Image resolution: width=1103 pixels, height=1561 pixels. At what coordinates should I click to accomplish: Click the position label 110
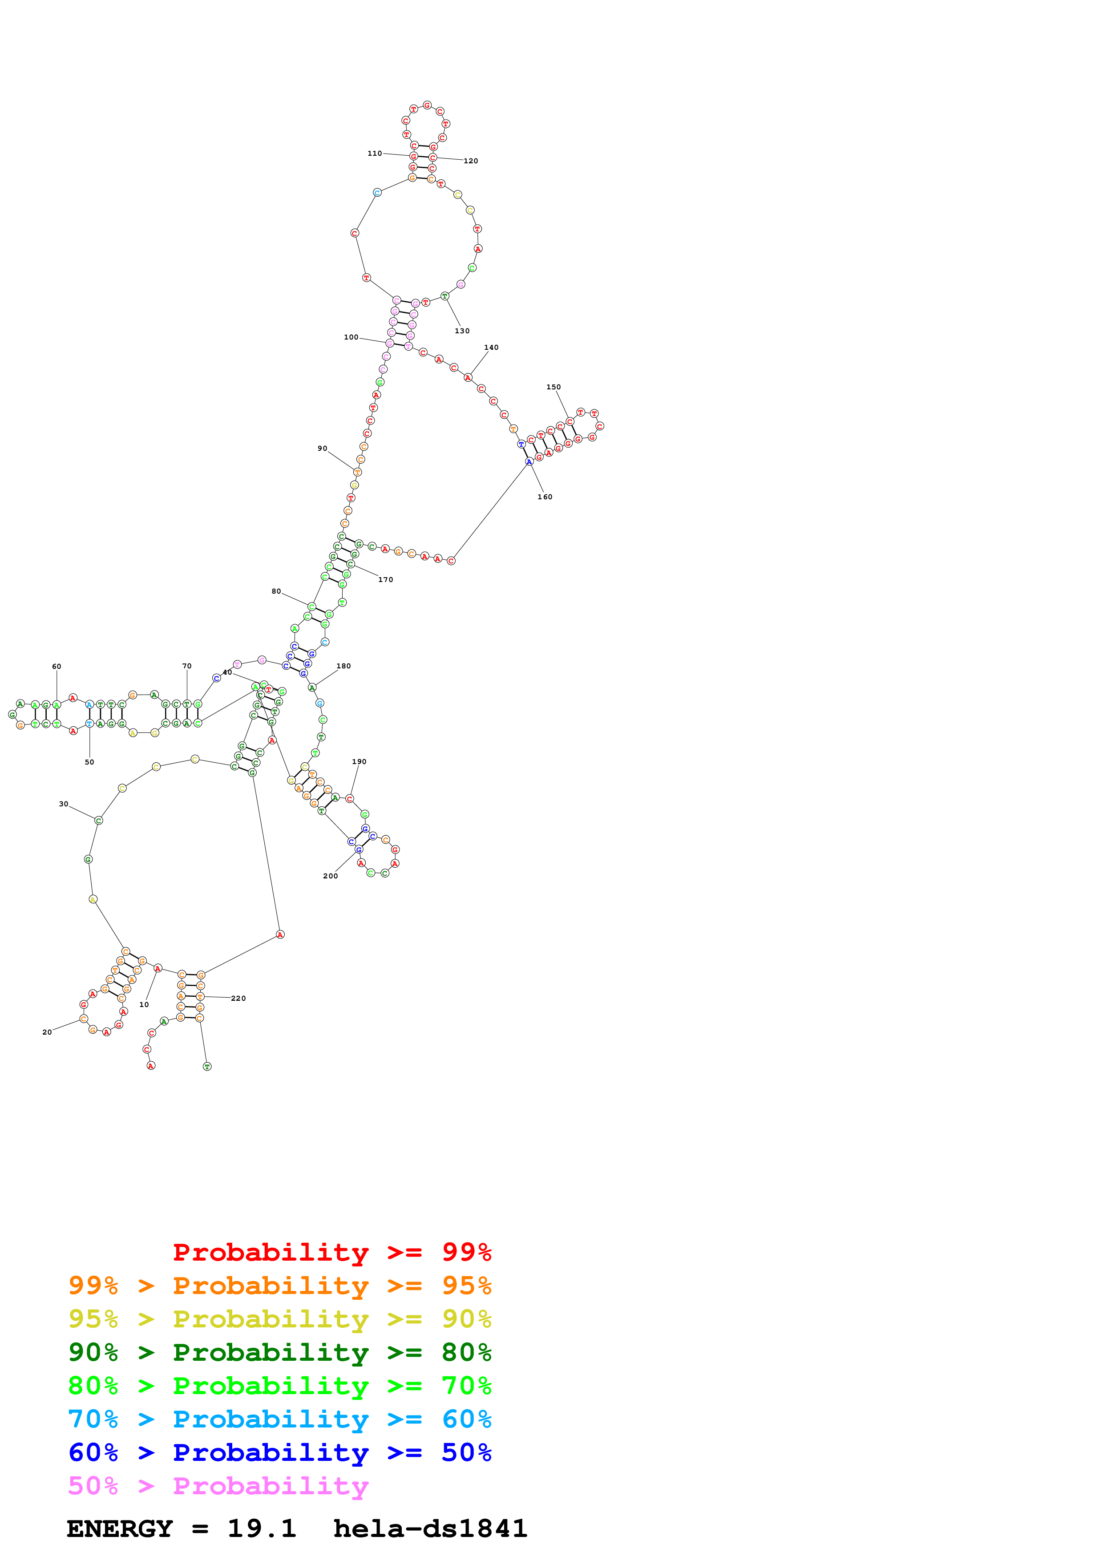coord(375,154)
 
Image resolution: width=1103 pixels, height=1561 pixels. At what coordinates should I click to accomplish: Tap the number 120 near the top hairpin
coord(471,161)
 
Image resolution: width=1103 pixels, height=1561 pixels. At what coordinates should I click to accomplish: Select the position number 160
coord(545,497)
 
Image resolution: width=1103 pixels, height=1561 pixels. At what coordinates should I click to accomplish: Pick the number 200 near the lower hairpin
coord(330,876)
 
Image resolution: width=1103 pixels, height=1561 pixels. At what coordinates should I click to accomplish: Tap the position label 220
coord(238,999)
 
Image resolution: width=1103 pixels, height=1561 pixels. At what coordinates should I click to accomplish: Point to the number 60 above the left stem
coord(57,667)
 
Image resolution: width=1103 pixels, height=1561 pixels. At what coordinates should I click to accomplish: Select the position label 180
coord(344,666)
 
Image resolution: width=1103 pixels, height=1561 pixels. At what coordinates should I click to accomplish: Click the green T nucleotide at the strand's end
coord(207,1067)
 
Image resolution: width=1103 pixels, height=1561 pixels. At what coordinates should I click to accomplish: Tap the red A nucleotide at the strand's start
coord(151,1066)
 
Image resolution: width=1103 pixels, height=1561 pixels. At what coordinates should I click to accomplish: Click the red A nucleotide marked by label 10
coord(158,969)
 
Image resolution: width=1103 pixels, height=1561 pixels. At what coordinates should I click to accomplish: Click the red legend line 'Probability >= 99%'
coord(332,1252)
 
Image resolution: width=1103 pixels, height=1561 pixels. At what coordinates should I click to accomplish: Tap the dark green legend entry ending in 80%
coord(280,1352)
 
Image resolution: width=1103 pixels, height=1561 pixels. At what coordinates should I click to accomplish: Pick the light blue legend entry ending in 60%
coord(280,1419)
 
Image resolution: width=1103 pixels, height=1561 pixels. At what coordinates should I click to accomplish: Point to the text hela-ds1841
coord(430,1529)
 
